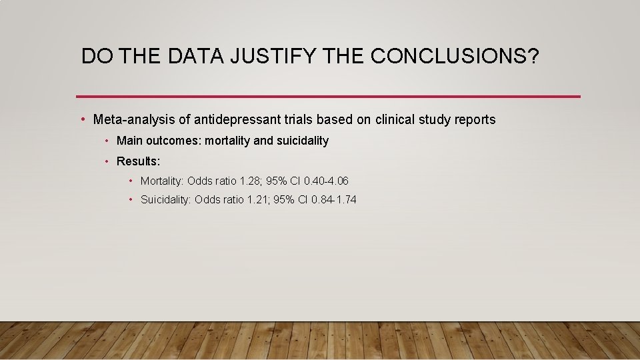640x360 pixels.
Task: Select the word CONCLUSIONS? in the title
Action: pos(455,57)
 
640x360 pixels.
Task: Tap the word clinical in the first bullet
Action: pos(399,120)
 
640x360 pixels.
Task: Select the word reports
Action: pos(474,120)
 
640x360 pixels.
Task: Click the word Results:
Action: pos(138,161)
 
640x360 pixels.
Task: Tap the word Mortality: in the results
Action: pos(162,181)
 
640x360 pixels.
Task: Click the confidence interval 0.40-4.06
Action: pos(326,181)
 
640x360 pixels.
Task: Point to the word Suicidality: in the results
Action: pos(165,200)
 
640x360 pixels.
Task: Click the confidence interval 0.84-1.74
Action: pos(333,200)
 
